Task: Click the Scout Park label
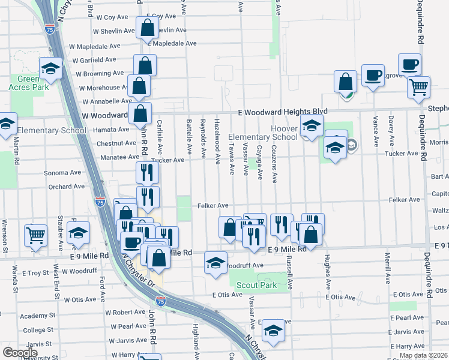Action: coord(256,285)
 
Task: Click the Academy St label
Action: coord(37,315)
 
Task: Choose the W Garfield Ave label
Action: coord(94,59)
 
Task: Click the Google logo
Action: coord(20,352)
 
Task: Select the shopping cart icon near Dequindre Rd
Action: coord(418,86)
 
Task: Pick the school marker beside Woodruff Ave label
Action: coord(216,263)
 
